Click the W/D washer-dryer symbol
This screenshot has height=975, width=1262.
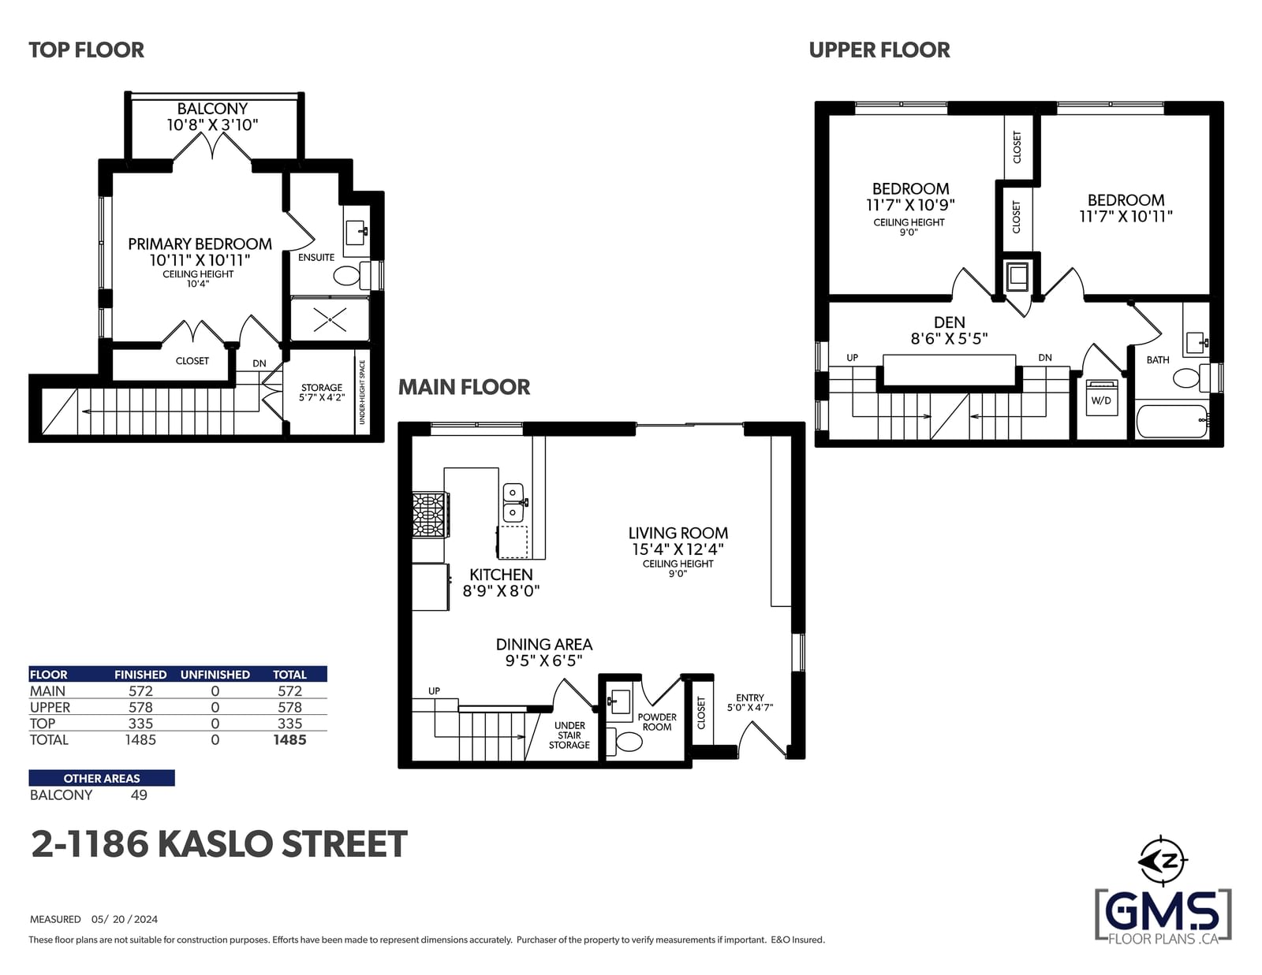point(1101,397)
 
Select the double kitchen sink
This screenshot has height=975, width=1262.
point(513,503)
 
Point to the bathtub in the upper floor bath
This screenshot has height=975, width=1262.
point(1171,422)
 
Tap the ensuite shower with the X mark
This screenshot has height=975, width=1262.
point(330,319)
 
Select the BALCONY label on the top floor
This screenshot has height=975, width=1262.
point(212,109)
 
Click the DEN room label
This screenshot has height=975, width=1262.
point(950,322)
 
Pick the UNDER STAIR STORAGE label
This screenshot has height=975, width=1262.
point(569,735)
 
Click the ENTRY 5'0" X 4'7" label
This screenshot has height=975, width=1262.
point(750,702)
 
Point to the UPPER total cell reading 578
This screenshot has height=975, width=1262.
point(289,708)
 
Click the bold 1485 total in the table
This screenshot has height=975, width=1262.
point(289,740)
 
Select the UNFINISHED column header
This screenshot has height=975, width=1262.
point(215,675)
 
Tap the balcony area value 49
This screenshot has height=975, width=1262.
point(139,795)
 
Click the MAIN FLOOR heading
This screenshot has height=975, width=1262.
point(464,387)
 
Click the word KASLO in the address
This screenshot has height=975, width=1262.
point(215,844)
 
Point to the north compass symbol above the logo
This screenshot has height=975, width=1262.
point(1162,861)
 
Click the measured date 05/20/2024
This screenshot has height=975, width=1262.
point(125,919)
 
